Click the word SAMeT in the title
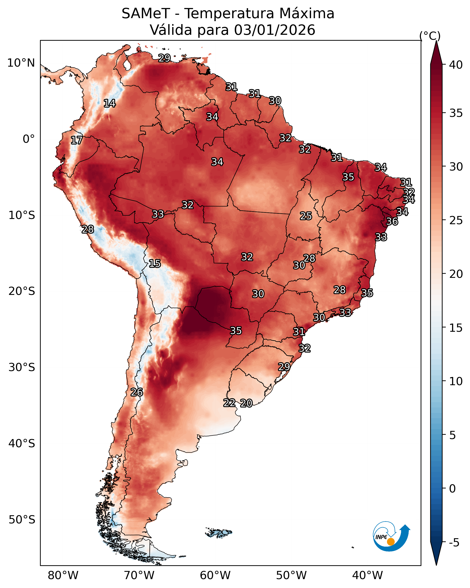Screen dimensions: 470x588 pyautogui.click(x=146, y=14)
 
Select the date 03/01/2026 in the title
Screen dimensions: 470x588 pyautogui.click(x=274, y=30)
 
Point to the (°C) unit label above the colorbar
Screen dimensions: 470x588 pyautogui.click(x=430, y=36)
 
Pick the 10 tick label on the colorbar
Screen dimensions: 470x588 pyautogui.click(x=456, y=381)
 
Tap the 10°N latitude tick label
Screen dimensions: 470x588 pyautogui.click(x=21, y=63)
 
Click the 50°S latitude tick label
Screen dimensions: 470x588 pyautogui.click(x=22, y=520)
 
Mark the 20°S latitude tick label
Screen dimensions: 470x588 pyautogui.click(x=22, y=291)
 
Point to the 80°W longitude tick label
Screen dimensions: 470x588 pyautogui.click(x=63, y=575)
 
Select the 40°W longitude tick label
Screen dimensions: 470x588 pyautogui.click(x=367, y=575)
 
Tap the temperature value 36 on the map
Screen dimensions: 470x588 pyautogui.click(x=392, y=221)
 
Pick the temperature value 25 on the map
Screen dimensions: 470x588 pyautogui.click(x=306, y=216)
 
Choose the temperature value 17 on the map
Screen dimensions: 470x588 pyautogui.click(x=77, y=141)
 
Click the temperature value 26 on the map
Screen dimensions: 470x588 pyautogui.click(x=137, y=392)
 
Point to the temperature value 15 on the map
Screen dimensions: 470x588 pyautogui.click(x=155, y=264)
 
